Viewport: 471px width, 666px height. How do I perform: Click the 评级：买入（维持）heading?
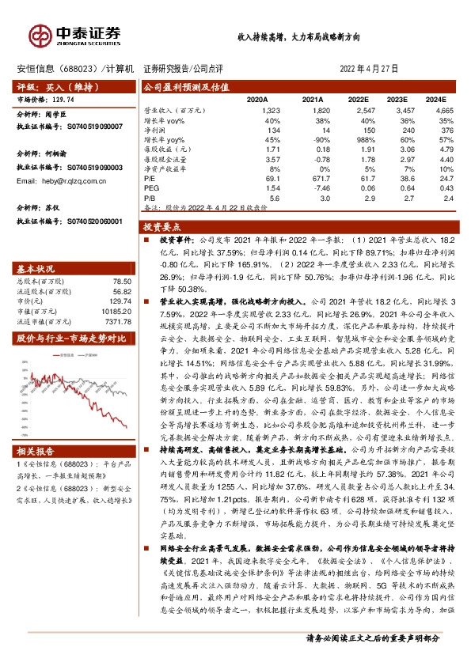pos(47,86)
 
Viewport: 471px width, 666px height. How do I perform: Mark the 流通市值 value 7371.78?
pos(116,320)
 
